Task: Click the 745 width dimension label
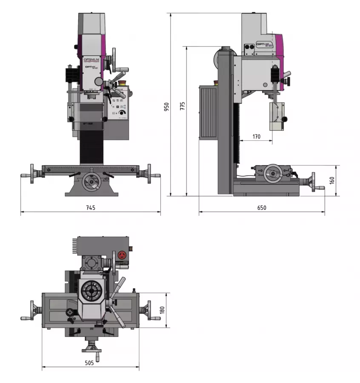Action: pyautogui.click(x=90, y=208)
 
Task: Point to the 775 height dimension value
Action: pyautogui.click(x=182, y=106)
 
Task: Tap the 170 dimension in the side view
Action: pyautogui.click(x=256, y=137)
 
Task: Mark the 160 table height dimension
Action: pyautogui.click(x=332, y=180)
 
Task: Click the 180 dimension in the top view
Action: pyautogui.click(x=162, y=310)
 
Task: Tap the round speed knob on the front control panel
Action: pyautogui.click(x=123, y=113)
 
